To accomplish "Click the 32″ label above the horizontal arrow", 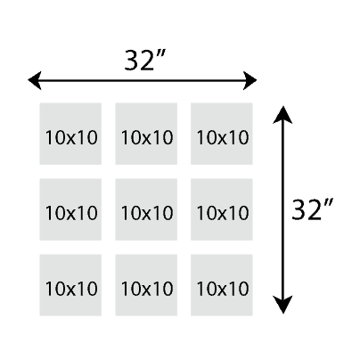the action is [x=144, y=61].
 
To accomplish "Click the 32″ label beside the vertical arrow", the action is [x=312, y=209].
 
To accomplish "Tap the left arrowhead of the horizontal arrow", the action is [x=35, y=80].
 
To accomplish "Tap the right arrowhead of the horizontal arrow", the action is [x=250, y=80].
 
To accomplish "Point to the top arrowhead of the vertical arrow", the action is [x=282, y=115].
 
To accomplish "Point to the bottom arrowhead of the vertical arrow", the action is [x=282, y=305].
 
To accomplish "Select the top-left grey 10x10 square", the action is [x=70, y=134].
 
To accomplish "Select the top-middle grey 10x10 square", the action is [x=146, y=134].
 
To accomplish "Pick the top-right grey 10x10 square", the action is [x=222, y=134].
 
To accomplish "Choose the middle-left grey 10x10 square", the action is [x=70, y=209].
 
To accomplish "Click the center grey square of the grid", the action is [x=146, y=209].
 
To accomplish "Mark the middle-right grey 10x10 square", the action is [x=222, y=209].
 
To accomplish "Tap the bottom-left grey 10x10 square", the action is [x=70, y=285].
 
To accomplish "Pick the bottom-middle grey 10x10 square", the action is [x=146, y=285].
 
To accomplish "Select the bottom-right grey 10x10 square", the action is [x=222, y=285].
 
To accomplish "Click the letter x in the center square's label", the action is [x=147, y=215].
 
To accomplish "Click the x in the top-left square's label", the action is [x=71, y=139].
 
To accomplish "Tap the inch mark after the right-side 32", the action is [x=329, y=204].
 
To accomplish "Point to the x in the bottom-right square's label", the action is [x=223, y=290].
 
